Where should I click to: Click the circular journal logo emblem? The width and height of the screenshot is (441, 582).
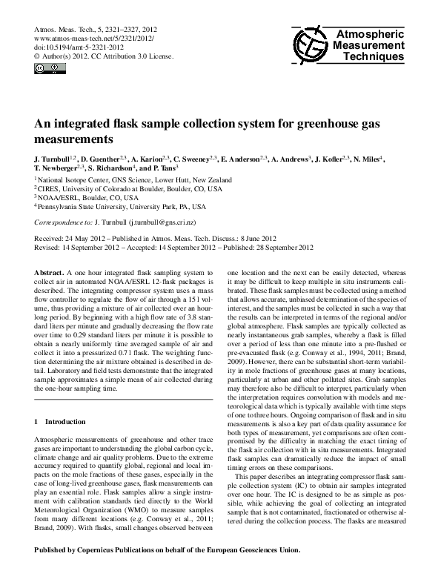point(309,47)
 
